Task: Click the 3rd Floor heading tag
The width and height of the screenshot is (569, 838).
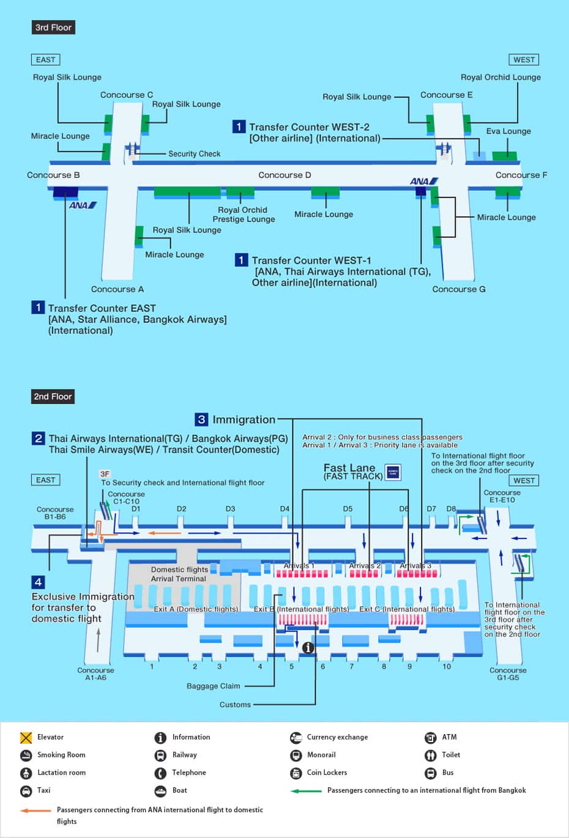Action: pyautogui.click(x=53, y=28)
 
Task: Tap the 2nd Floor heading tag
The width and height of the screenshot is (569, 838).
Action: pyautogui.click(x=53, y=396)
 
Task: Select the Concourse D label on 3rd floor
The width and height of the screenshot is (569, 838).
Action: pyautogui.click(x=284, y=175)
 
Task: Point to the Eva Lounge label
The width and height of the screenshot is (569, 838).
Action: pyautogui.click(x=508, y=131)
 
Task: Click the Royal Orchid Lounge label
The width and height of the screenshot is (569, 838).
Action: pyautogui.click(x=500, y=77)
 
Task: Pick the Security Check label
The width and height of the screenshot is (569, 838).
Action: pyautogui.click(x=194, y=154)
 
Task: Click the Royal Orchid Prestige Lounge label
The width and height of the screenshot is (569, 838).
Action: pyautogui.click(x=244, y=214)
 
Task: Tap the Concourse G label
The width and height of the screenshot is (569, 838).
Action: pyautogui.click(x=458, y=289)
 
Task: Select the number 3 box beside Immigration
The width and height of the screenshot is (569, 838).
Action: pyautogui.click(x=201, y=419)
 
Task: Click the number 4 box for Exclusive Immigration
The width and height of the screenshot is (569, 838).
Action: pyautogui.click(x=38, y=582)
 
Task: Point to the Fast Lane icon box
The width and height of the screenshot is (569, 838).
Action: pyautogui.click(x=393, y=472)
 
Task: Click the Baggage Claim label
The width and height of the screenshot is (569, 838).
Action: pyautogui.click(x=213, y=686)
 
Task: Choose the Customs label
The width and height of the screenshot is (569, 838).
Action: pyautogui.click(x=235, y=705)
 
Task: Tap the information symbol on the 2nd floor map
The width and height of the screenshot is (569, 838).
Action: pyautogui.click(x=308, y=647)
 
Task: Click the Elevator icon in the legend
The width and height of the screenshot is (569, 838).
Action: pyautogui.click(x=26, y=737)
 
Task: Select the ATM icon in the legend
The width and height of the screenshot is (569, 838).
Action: pyautogui.click(x=431, y=737)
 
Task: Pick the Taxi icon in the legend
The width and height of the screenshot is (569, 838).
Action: pyautogui.click(x=26, y=790)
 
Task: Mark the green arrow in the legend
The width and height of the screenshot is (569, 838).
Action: pyautogui.click(x=306, y=790)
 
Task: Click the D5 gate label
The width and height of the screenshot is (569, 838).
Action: pyautogui.click(x=348, y=508)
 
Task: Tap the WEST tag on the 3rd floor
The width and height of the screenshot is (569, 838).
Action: pyautogui.click(x=524, y=59)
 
